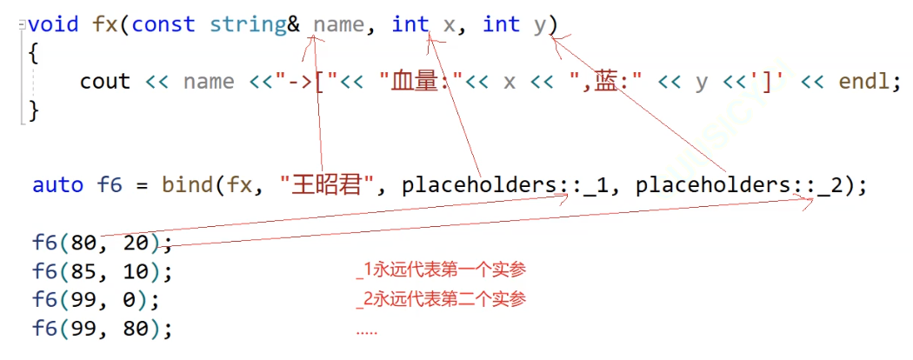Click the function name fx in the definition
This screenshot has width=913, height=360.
(x=105, y=24)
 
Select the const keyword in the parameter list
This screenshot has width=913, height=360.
(x=163, y=24)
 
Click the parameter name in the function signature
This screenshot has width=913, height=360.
(x=338, y=24)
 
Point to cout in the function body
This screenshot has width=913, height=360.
(x=104, y=82)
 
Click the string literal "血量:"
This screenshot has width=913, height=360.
(x=418, y=82)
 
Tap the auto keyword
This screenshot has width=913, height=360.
(x=57, y=185)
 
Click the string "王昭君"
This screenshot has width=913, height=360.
(x=324, y=185)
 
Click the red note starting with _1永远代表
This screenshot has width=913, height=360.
(x=441, y=270)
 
